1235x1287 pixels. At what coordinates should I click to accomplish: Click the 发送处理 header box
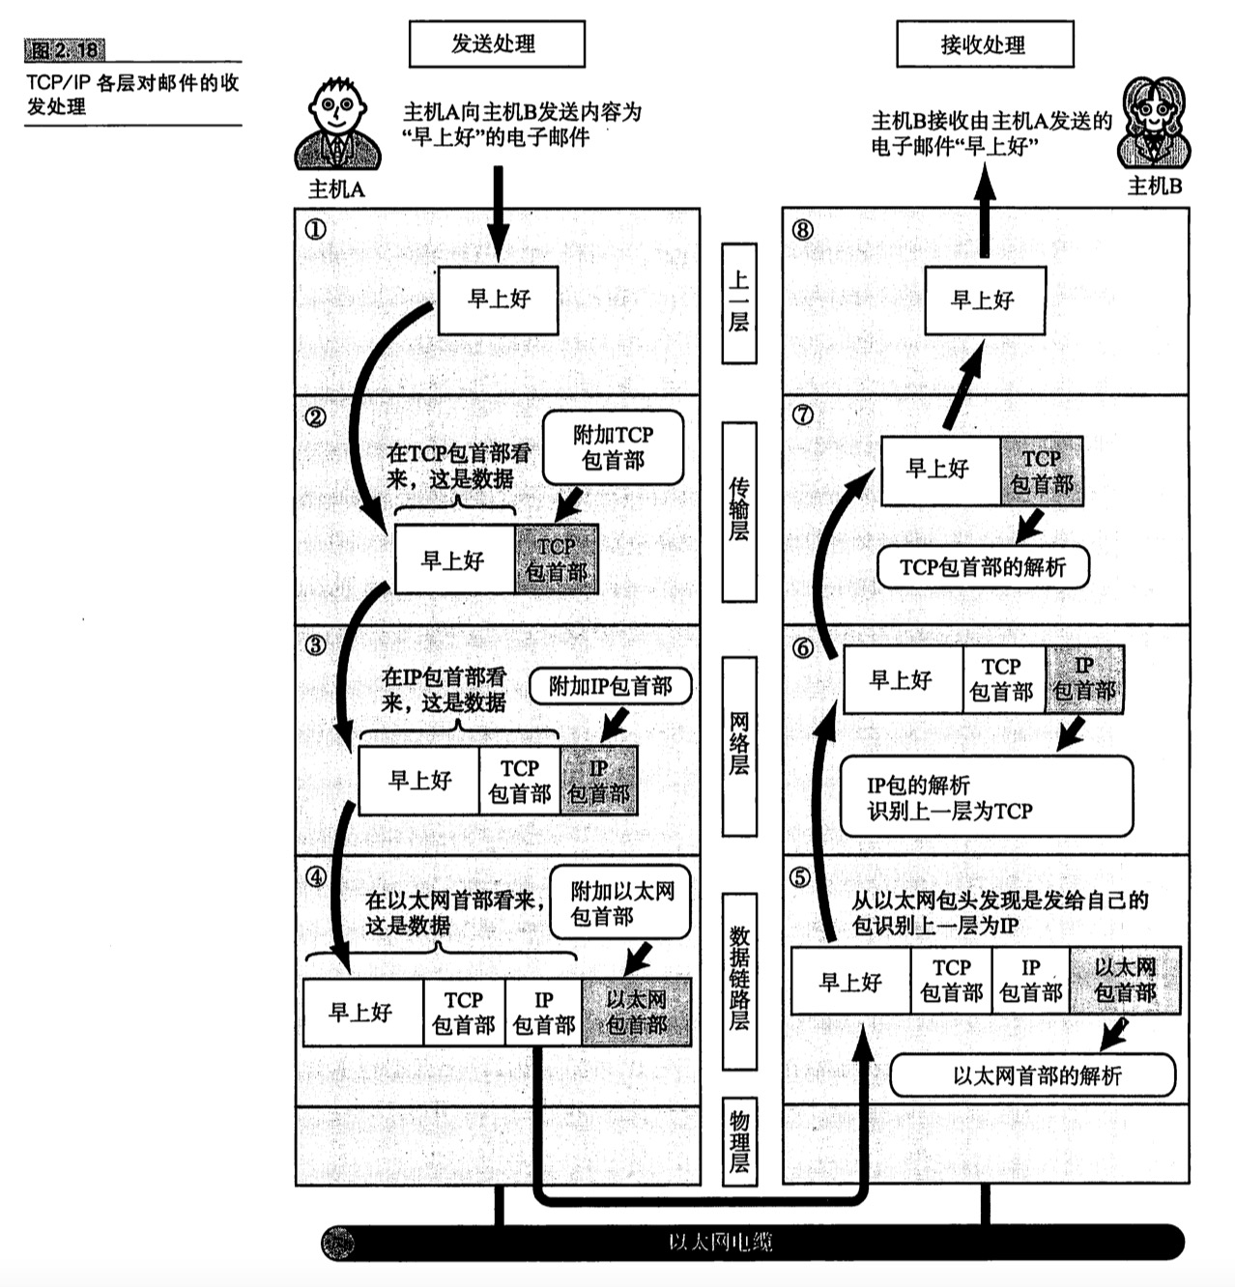[497, 44]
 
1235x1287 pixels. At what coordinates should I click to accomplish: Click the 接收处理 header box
[984, 44]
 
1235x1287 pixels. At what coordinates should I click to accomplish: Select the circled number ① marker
[315, 230]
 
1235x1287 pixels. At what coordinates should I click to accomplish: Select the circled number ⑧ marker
[802, 230]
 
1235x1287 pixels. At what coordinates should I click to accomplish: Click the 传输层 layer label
[739, 510]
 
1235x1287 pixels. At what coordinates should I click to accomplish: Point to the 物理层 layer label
[739, 1141]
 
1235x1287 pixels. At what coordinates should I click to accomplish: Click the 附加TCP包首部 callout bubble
[613, 447]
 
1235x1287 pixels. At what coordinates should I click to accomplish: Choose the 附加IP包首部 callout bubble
[611, 686]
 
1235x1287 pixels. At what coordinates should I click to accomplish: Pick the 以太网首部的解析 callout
[1032, 1075]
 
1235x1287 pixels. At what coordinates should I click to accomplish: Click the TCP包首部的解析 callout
[983, 567]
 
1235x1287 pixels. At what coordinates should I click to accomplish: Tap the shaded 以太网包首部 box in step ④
[636, 1012]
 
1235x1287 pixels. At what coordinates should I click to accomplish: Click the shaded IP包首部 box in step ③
[598, 781]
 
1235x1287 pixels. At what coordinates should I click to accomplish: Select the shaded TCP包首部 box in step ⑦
[1041, 471]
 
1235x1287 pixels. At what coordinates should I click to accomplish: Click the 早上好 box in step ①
[499, 300]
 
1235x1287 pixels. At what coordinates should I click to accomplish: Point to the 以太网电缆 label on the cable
[721, 1243]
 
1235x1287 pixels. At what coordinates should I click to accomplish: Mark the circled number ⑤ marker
[800, 877]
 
